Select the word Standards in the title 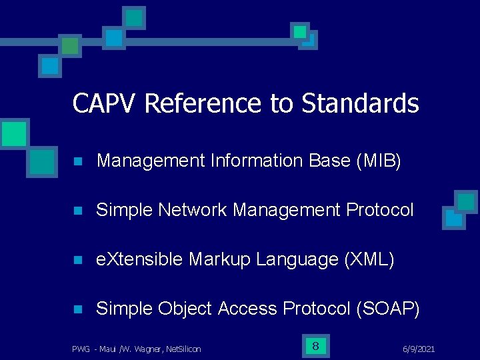(360, 103)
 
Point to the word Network (194, 210)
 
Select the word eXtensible (139, 259)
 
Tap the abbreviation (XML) (369, 259)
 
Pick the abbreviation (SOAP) (388, 309)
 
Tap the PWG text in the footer (81, 349)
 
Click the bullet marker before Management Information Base (77, 161)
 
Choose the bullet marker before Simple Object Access (77, 309)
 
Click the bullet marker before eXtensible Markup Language (77, 260)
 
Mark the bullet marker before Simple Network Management (77, 211)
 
